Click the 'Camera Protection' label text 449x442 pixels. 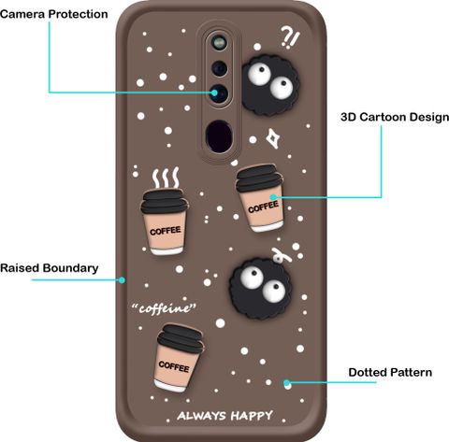point(53,14)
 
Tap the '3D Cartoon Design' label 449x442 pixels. point(395,118)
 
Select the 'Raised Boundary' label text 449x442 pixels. point(50,268)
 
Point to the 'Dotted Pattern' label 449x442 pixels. point(390,373)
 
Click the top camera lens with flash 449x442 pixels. point(219,42)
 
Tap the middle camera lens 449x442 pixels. point(220,68)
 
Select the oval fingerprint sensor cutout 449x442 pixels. point(219,136)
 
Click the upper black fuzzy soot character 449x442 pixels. point(270,85)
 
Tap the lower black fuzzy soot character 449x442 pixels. point(261,289)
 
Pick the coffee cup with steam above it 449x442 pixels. point(165,221)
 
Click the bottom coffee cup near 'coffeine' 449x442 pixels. point(179,358)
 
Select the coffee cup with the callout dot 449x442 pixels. point(261,198)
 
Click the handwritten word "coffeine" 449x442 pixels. point(164,308)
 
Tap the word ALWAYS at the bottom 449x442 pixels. point(201,416)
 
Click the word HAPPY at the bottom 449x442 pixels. point(252,416)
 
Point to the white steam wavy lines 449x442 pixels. point(166,178)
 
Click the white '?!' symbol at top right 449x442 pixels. point(290,37)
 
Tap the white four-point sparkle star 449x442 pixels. point(273,138)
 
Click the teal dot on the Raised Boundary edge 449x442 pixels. point(123,280)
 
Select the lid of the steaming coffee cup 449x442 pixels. point(165,201)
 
